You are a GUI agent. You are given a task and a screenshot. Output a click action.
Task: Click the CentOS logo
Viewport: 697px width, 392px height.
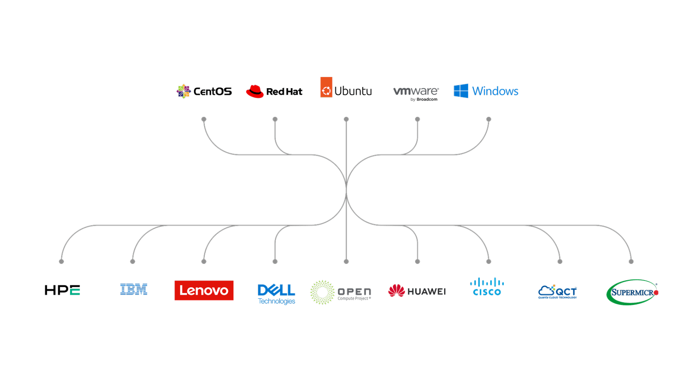click(x=204, y=91)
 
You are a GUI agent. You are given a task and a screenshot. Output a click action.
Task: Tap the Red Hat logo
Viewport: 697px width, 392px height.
click(x=274, y=91)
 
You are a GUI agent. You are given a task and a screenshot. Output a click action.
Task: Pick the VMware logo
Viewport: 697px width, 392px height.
click(x=416, y=92)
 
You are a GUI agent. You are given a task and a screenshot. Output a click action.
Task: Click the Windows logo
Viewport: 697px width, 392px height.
click(x=486, y=91)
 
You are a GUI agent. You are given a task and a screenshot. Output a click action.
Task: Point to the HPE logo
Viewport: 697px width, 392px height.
click(x=62, y=290)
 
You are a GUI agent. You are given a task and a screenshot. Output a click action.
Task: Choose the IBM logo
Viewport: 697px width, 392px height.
click(x=134, y=289)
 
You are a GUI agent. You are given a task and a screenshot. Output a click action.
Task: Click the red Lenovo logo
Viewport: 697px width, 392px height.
click(x=204, y=290)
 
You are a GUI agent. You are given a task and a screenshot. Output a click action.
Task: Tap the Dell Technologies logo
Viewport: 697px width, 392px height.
click(x=276, y=294)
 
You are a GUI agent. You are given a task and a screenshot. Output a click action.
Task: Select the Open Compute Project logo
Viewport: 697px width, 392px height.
click(x=340, y=292)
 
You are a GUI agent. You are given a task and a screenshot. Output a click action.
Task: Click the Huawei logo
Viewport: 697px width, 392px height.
click(x=417, y=291)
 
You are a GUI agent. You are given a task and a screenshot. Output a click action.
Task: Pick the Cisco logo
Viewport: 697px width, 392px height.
click(x=487, y=287)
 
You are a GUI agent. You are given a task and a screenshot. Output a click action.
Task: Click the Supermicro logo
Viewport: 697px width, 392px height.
click(x=632, y=292)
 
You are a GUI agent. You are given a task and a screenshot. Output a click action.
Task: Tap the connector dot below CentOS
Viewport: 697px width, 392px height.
click(x=204, y=119)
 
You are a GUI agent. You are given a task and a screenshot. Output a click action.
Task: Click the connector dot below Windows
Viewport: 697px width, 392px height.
click(x=489, y=119)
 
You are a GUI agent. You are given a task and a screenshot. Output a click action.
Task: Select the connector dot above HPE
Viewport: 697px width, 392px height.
click(x=61, y=261)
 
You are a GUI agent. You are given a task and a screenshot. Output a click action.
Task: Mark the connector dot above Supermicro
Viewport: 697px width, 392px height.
click(x=631, y=261)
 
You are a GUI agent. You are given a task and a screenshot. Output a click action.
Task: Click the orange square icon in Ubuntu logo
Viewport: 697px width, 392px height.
click(x=326, y=87)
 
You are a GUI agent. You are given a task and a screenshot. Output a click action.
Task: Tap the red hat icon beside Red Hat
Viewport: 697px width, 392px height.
click(x=255, y=91)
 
